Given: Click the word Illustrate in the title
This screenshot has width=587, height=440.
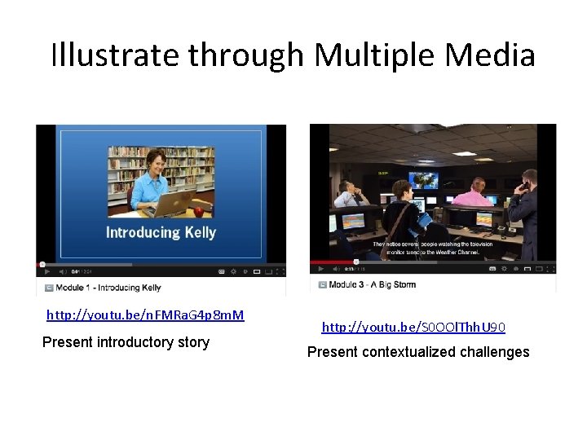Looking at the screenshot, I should click(115, 55).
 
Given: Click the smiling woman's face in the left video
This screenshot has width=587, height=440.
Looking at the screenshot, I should click(155, 161).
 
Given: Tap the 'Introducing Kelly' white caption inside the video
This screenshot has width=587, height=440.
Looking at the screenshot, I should click(161, 232).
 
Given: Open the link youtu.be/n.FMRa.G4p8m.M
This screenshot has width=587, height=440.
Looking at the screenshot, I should click(145, 315).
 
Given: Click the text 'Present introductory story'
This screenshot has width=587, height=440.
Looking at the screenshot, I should click(126, 342).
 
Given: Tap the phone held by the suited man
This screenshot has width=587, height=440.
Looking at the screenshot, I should click(523, 186).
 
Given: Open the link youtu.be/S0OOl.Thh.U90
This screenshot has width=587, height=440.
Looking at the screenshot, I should click(413, 328).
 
